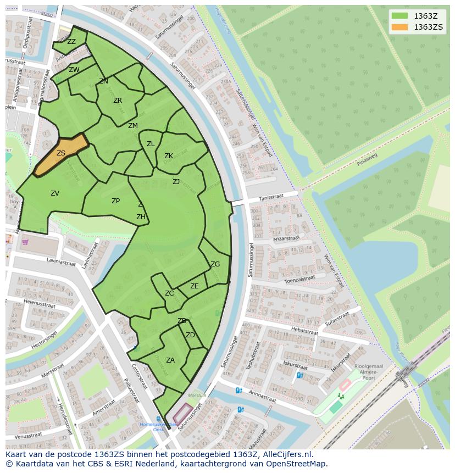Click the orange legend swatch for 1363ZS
[x=399, y=27]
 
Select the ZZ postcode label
[x=71, y=41]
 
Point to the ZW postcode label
[x=74, y=69]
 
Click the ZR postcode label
[x=118, y=101]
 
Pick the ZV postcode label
[x=55, y=193]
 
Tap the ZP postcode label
[x=115, y=201]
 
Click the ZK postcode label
[x=169, y=156]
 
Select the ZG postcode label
[x=215, y=264]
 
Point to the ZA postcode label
[x=170, y=360]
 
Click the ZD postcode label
[x=190, y=335]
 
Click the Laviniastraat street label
[x=61, y=262]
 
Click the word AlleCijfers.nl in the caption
[x=285, y=454]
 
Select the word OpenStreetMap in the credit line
[x=297, y=464]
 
